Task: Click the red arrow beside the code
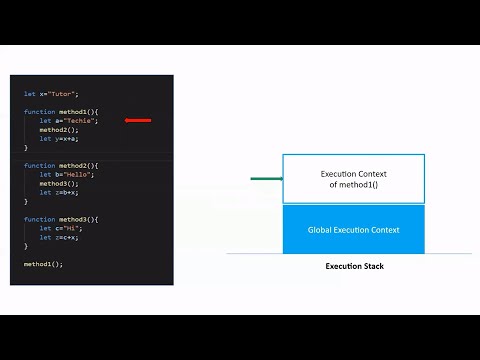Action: coord(138,120)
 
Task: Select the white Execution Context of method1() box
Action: coord(353,179)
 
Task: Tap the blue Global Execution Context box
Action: coord(353,230)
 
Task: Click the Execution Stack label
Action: coord(354,266)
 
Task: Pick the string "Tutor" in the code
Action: coord(64,93)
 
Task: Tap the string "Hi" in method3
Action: coord(75,228)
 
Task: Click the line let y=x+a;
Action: coord(59,138)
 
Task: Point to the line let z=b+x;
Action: coord(59,192)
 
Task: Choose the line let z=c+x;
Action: coord(59,237)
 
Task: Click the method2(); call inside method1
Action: coord(57,129)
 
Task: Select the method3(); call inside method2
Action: coord(57,183)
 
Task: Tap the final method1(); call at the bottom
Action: coord(43,264)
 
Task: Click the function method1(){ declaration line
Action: coord(61,111)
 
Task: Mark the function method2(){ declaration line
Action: coord(61,165)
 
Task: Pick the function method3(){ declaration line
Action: coord(61,219)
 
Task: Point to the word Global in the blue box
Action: coord(322,230)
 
